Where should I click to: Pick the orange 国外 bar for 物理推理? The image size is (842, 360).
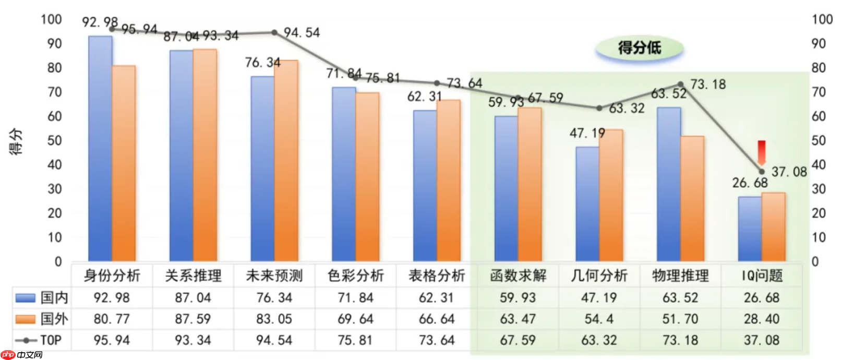click(692, 198)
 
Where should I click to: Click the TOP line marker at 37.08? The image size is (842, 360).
click(762, 172)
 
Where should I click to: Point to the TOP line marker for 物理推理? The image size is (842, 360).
click(681, 85)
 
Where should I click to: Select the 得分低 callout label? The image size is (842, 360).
click(640, 48)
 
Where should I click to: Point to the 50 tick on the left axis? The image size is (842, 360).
click(54, 140)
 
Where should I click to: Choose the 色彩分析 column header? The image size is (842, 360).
click(356, 275)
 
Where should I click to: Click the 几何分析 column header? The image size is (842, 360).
click(599, 275)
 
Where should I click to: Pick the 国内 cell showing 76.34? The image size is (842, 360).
click(274, 297)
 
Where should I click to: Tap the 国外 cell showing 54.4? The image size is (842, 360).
click(599, 319)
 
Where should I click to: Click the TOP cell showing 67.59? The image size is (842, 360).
click(518, 340)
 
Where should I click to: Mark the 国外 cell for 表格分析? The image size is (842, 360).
click(437, 319)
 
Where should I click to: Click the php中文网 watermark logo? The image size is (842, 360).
click(22, 355)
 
